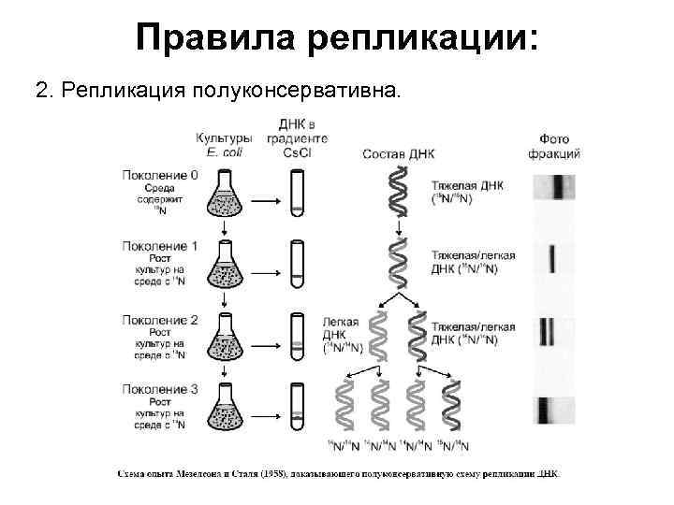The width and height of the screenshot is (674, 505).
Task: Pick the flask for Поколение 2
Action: pos(225,336)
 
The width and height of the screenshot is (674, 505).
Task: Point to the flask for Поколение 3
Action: pos(225,408)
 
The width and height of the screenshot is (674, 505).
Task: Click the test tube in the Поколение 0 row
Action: pos(297,195)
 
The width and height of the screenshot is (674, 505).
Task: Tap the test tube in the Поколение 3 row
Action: pos(297,411)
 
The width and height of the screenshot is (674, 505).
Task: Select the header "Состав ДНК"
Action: pos(398,154)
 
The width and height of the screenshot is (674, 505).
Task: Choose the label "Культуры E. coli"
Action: pos(225,146)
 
